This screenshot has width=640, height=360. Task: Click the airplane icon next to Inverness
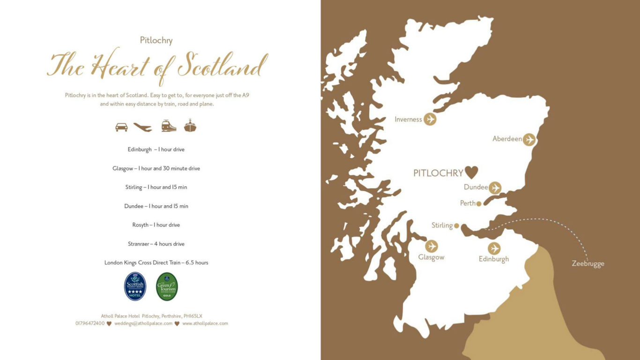pyautogui.click(x=430, y=119)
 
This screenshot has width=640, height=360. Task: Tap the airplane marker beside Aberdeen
pyautogui.click(x=529, y=139)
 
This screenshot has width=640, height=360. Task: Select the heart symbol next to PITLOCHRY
pyautogui.click(x=471, y=172)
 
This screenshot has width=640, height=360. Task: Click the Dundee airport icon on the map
pyautogui.click(x=495, y=187)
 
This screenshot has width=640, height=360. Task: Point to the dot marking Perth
pyautogui.click(x=479, y=203)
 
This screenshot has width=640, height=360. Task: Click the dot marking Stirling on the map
pyautogui.click(x=456, y=225)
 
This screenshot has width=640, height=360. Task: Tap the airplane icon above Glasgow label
pyautogui.click(x=432, y=246)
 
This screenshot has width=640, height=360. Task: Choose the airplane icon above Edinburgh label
pyautogui.click(x=494, y=248)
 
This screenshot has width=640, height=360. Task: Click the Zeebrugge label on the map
pyautogui.click(x=588, y=263)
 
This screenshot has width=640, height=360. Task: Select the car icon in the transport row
pyautogui.click(x=121, y=127)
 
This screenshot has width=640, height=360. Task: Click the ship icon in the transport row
pyautogui.click(x=190, y=126)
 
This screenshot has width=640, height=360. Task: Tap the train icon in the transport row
pyautogui.click(x=169, y=126)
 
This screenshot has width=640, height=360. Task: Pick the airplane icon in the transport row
pyautogui.click(x=143, y=127)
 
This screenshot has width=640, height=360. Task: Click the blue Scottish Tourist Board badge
pyautogui.click(x=135, y=286)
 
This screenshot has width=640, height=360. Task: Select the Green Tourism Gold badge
pyautogui.click(x=167, y=286)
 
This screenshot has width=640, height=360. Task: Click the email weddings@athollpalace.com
pyautogui.click(x=143, y=323)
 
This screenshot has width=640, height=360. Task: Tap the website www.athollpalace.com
pyautogui.click(x=205, y=323)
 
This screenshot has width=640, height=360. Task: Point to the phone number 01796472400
pyautogui.click(x=90, y=323)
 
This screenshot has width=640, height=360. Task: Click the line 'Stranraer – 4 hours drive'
pyautogui.click(x=156, y=244)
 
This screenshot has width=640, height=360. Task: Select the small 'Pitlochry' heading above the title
pyautogui.click(x=156, y=40)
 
